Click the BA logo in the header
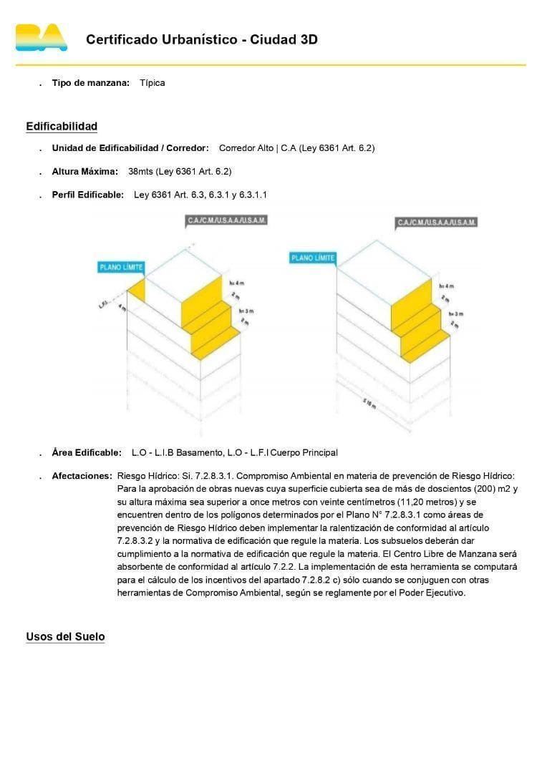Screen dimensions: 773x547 point(42,38)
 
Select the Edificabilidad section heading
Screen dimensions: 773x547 point(62,127)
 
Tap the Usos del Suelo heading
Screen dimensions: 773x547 point(65,637)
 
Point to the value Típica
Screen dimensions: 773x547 point(153,83)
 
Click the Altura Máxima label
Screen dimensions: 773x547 point(84,172)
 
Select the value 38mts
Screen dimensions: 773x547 point(140,172)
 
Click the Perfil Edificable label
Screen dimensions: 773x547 point(87,195)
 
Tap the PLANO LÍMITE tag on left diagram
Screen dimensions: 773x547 point(121,268)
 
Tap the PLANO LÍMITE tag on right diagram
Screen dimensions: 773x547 point(313,258)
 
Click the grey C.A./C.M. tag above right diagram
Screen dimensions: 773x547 point(437,223)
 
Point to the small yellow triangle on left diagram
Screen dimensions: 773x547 point(138,288)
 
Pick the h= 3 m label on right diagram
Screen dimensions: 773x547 point(455,313)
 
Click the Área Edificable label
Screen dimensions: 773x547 point(87,453)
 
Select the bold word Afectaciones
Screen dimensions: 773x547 point(82,476)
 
